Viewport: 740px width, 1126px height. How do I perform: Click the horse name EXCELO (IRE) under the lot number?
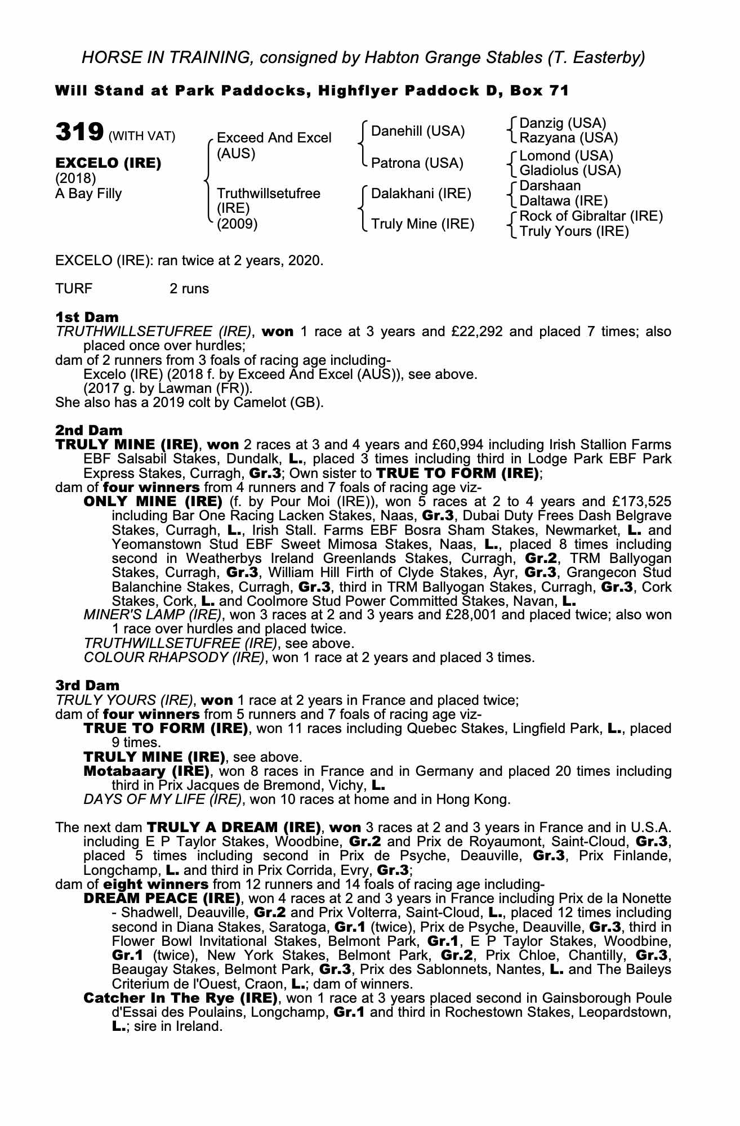(x=108, y=163)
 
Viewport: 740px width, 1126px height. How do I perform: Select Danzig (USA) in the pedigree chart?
(x=562, y=123)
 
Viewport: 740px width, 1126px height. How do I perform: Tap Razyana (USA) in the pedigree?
(x=568, y=138)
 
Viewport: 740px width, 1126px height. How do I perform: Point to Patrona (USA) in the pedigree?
(x=417, y=163)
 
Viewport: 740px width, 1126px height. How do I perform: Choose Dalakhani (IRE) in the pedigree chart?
(x=421, y=194)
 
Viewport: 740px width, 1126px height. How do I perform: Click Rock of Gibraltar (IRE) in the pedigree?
(x=591, y=216)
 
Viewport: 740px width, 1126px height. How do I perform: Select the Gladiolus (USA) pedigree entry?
(x=570, y=171)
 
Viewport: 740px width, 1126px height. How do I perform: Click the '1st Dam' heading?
(x=87, y=317)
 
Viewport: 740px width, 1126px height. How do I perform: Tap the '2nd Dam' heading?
(x=88, y=431)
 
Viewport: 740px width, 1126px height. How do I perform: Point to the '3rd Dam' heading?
(x=87, y=686)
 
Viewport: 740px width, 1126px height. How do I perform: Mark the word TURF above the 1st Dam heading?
(x=74, y=289)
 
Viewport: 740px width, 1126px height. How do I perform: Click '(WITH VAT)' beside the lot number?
(x=142, y=136)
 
